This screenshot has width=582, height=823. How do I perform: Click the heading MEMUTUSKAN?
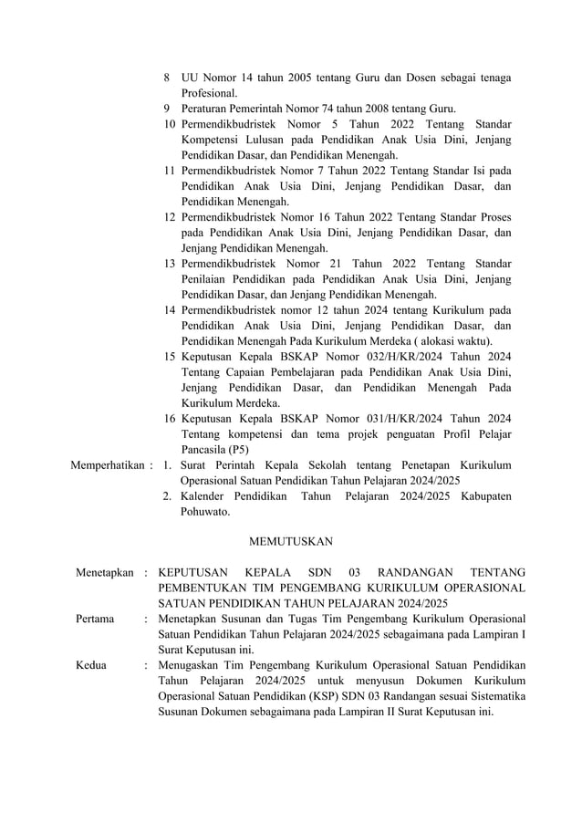coord(291,542)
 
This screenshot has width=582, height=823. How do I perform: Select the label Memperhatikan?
coord(107,465)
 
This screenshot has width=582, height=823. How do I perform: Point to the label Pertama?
coord(95,620)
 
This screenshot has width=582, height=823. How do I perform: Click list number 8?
coord(167,78)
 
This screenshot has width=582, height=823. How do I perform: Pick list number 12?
coord(170,217)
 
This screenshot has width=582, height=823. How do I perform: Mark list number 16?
coord(170,418)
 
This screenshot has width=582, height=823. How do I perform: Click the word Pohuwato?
coord(205,512)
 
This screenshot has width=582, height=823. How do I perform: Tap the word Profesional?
coord(209,94)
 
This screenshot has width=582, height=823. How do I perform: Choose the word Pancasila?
coord(204,449)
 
